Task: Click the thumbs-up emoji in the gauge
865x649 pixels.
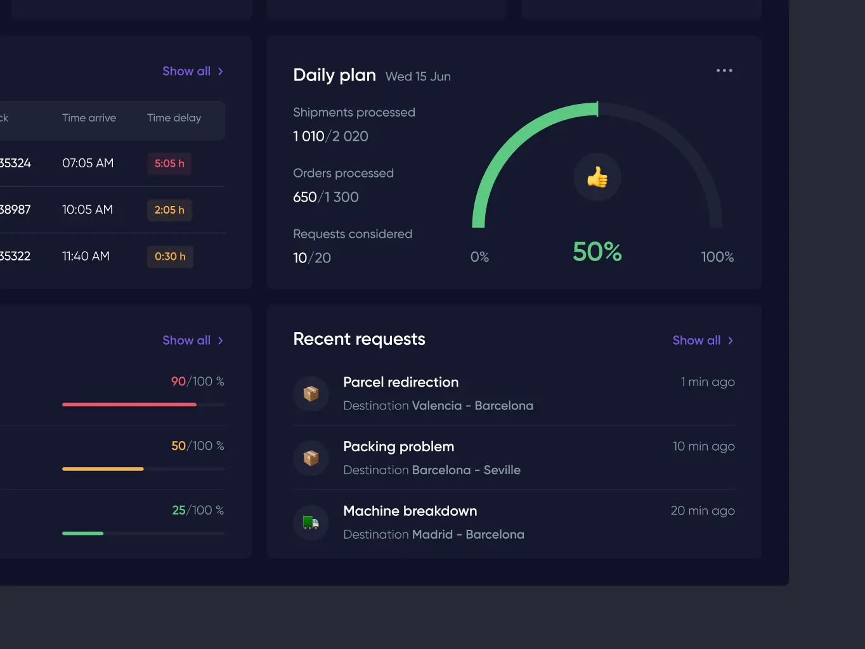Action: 597,177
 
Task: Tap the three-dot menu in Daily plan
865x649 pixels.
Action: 724,70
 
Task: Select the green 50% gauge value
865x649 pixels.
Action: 597,252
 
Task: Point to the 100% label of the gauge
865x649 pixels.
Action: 717,257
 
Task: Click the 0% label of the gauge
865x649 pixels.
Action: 479,257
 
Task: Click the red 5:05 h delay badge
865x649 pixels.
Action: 169,164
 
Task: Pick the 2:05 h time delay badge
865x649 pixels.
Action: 169,210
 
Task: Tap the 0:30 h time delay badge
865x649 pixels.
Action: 170,257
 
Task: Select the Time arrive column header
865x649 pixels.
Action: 89,118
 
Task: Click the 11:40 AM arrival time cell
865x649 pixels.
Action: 86,256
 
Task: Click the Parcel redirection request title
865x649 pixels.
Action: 401,382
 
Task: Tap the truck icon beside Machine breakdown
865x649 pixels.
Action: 311,523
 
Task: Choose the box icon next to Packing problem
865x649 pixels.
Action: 311,458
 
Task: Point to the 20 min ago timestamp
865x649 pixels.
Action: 703,511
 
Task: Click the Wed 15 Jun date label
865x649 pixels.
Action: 418,77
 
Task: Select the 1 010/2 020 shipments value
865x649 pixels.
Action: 330,136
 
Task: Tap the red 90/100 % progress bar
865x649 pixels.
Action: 129,404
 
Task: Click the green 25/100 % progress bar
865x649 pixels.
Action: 83,533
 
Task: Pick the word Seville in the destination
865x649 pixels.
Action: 502,470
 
